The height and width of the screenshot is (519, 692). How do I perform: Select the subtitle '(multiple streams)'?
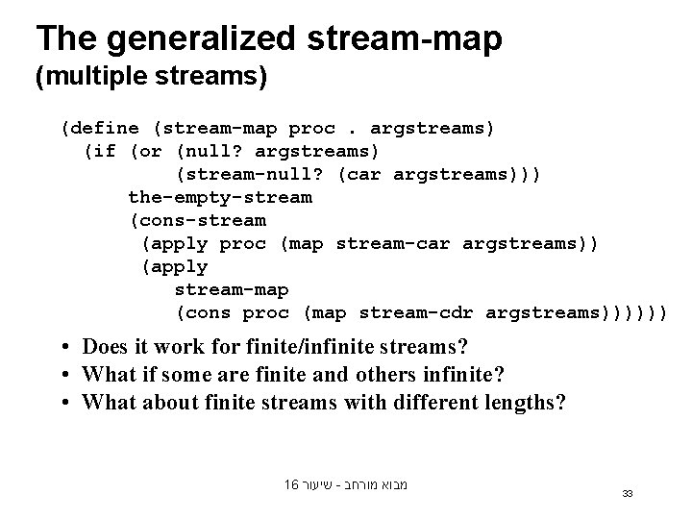tap(151, 77)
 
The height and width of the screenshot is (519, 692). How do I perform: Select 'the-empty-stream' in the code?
tap(220, 197)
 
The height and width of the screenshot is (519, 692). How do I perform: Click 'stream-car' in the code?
tap(394, 243)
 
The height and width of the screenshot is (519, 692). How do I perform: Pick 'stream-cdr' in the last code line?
tap(417, 312)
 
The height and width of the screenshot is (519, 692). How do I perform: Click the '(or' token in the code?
tap(145, 151)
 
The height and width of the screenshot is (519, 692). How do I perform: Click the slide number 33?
tap(627, 493)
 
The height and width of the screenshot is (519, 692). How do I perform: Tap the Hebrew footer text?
tap(346, 485)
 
